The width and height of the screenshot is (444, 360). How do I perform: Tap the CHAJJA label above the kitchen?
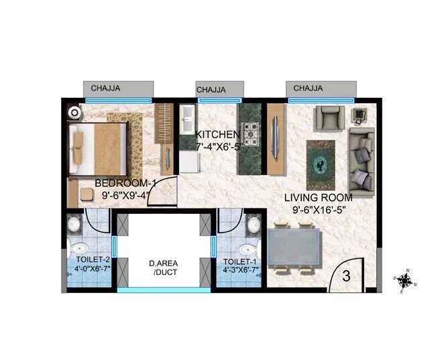[211, 88]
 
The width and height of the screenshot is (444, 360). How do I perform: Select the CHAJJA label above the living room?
[309, 88]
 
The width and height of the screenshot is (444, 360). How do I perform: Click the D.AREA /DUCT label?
[162, 267]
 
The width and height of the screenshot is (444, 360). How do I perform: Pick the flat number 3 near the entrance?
[346, 275]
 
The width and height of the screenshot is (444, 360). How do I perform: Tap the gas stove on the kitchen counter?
[252, 133]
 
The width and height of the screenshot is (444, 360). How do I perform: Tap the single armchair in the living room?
[329, 119]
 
